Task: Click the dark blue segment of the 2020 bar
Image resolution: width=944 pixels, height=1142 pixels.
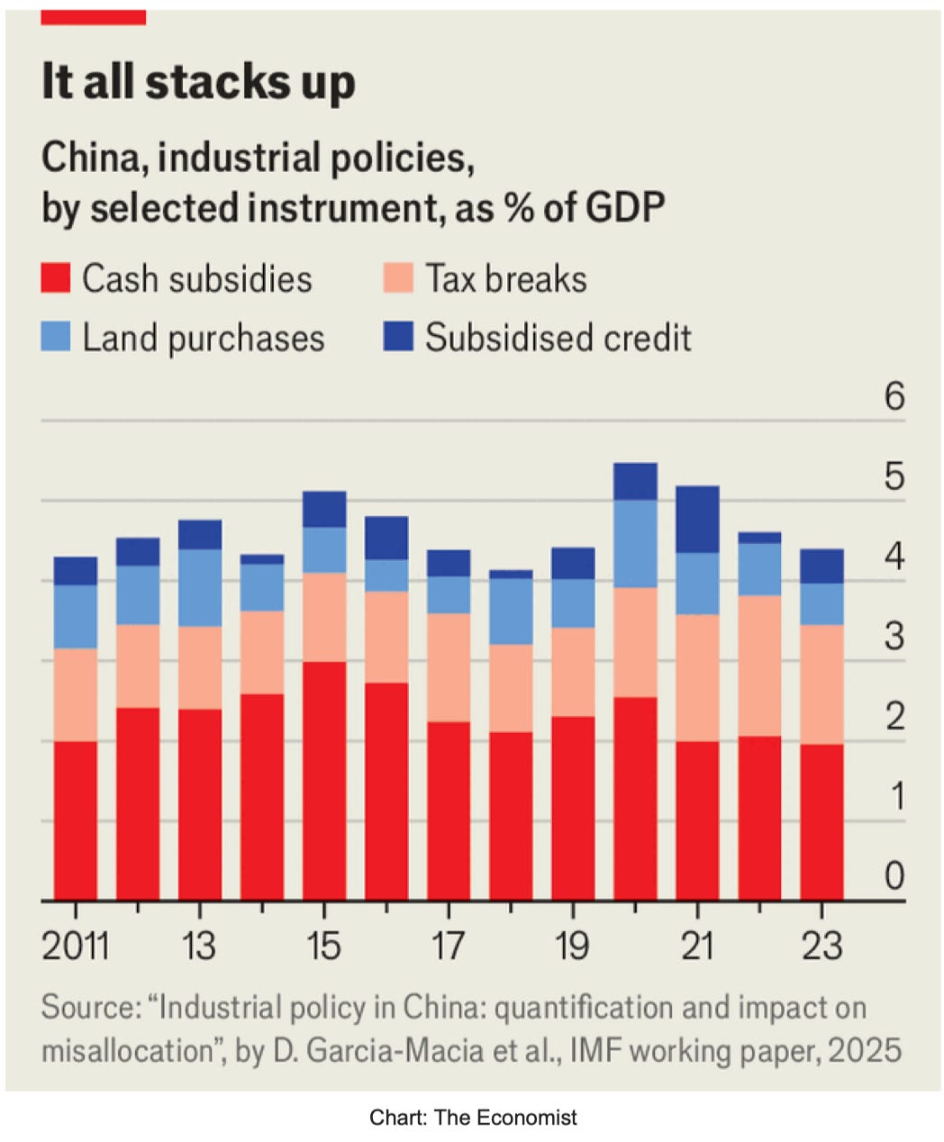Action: (635, 481)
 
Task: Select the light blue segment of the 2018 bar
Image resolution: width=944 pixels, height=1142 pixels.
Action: (511, 612)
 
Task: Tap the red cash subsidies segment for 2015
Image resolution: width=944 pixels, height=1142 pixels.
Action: (324, 781)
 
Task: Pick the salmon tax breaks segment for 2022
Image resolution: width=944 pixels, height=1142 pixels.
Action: (759, 666)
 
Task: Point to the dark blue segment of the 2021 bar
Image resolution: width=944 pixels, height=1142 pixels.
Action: (697, 519)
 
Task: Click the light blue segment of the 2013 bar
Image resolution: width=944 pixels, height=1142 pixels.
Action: (200, 588)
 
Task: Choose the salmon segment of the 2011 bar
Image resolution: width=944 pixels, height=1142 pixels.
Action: (76, 695)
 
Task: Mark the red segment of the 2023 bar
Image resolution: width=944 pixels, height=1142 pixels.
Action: (821, 822)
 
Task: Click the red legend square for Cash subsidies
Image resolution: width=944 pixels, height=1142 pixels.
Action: (55, 277)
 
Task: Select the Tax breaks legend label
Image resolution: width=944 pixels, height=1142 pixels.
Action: (506, 278)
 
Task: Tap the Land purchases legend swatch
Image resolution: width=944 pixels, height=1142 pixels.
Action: (55, 336)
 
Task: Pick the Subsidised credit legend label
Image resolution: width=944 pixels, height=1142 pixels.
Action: (558, 337)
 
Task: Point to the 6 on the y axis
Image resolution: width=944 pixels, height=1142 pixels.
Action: (894, 396)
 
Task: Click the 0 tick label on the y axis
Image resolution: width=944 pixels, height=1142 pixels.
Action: (894, 875)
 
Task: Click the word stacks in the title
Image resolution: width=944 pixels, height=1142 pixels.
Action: (218, 82)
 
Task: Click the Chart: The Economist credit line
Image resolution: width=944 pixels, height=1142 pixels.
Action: (473, 1118)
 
